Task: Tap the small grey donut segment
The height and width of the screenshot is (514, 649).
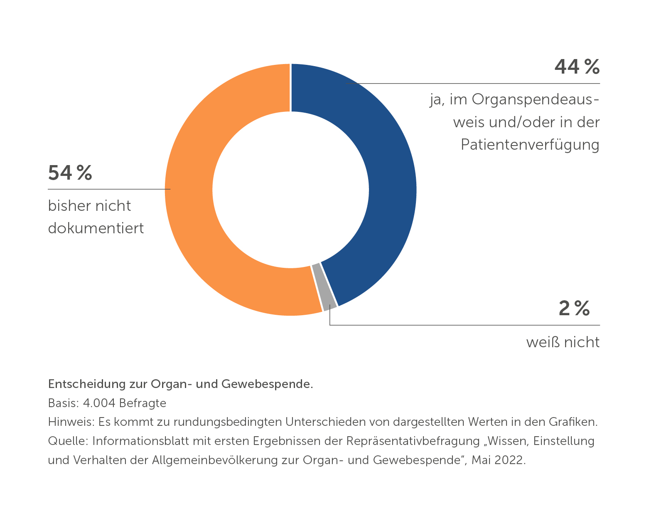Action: pyautogui.click(x=324, y=287)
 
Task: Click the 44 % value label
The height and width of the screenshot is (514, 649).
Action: pyautogui.click(x=577, y=67)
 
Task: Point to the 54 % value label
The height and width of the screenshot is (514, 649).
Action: pyautogui.click(x=70, y=173)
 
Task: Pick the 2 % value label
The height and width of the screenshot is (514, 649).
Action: pyautogui.click(x=574, y=308)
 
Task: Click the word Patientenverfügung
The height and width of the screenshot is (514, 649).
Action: pyautogui.click(x=530, y=145)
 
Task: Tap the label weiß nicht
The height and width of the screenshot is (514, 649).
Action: pyautogui.click(x=563, y=342)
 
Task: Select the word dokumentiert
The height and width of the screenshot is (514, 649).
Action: pyautogui.click(x=96, y=228)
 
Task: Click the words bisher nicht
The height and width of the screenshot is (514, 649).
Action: pyautogui.click(x=89, y=206)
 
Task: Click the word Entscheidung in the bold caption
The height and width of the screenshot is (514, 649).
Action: pyautogui.click(x=87, y=384)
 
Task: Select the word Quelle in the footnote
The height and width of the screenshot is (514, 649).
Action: pyautogui.click(x=66, y=441)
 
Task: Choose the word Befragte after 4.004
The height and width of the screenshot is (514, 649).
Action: pyautogui.click(x=143, y=403)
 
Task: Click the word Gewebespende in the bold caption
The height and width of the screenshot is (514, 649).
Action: pyautogui.click(x=267, y=384)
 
